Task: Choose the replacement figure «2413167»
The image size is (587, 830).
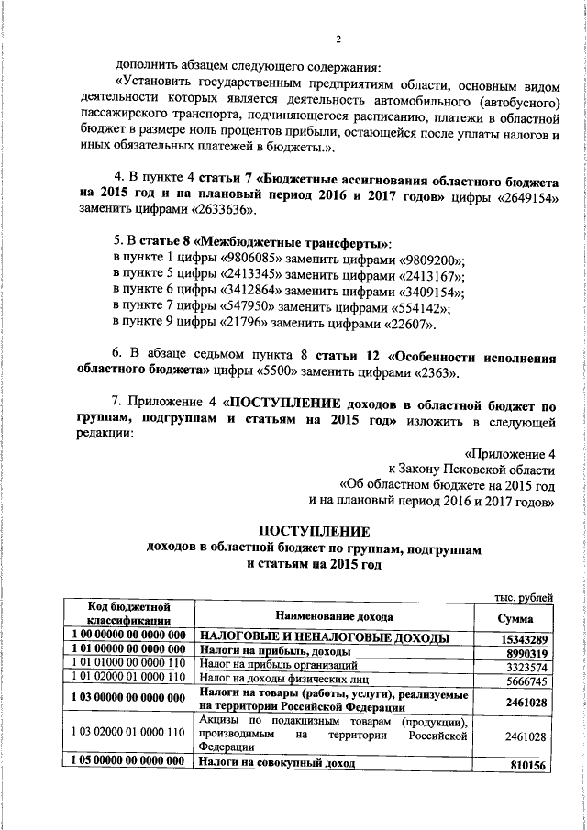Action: coord(427,277)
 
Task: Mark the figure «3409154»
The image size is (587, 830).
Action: coord(426,293)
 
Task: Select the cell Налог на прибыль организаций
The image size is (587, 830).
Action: coord(276,667)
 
